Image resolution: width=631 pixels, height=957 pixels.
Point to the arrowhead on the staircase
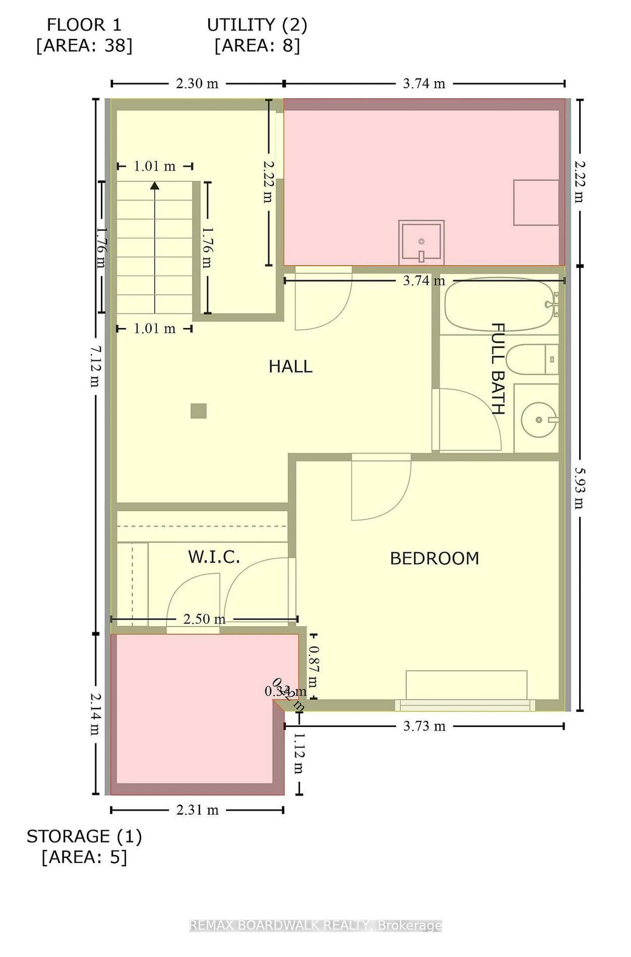coord(154,185)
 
